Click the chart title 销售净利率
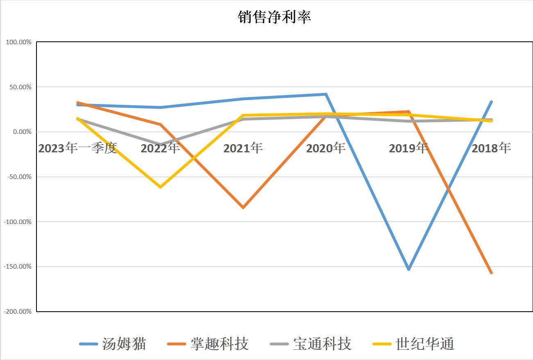pos(274,17)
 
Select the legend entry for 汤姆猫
pos(124,344)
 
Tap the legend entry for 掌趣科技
pos(219,344)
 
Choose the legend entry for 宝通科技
pos(322,344)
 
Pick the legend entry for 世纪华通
pos(425,344)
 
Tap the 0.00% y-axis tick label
pos(21,132)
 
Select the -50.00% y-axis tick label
pos(18,177)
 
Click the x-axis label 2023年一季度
pos(77,148)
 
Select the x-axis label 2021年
pos(243,148)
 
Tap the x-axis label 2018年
pos(491,148)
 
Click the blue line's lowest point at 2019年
pos(408,269)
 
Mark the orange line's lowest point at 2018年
pos(491,273)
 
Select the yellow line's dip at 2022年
pos(160,187)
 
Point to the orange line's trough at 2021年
pos(243,208)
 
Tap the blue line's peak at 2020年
pos(326,94)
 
